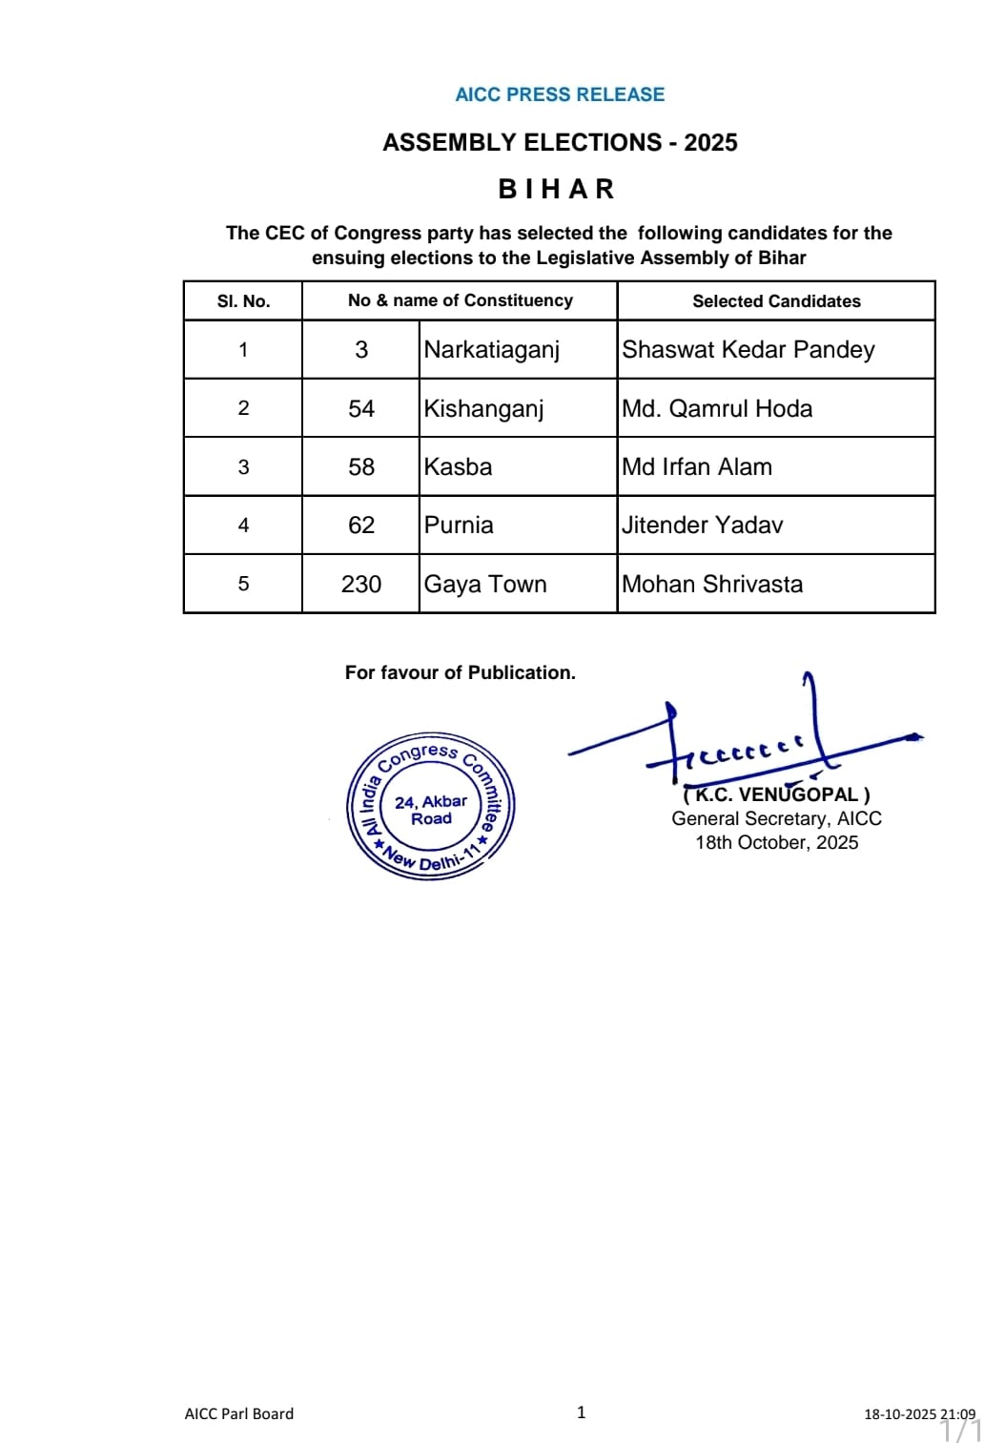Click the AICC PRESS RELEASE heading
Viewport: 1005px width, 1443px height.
(560, 94)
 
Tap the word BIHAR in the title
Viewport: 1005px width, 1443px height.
(557, 189)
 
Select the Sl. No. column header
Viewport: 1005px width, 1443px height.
(243, 301)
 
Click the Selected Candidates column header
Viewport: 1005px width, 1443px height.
(776, 301)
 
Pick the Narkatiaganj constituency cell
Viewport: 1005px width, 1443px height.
(492, 350)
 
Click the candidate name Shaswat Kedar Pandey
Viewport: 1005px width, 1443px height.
(748, 350)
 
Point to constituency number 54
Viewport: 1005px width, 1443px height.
(361, 409)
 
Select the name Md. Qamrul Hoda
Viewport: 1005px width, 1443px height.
(717, 409)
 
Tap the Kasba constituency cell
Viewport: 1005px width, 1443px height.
(459, 467)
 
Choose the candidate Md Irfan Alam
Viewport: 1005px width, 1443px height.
(697, 467)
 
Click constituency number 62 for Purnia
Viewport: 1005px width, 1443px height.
(361, 526)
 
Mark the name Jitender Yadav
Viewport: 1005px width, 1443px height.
(703, 526)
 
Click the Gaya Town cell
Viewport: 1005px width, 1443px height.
(485, 585)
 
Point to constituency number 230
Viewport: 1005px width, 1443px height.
(361, 585)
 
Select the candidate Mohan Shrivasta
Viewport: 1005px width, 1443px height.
(712, 585)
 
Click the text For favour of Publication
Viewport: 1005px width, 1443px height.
(461, 672)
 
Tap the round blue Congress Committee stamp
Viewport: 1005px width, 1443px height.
(431, 807)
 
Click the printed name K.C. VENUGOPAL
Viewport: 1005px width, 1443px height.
(776, 794)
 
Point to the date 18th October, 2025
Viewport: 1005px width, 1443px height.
(776, 842)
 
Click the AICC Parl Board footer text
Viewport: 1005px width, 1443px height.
(239, 1413)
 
